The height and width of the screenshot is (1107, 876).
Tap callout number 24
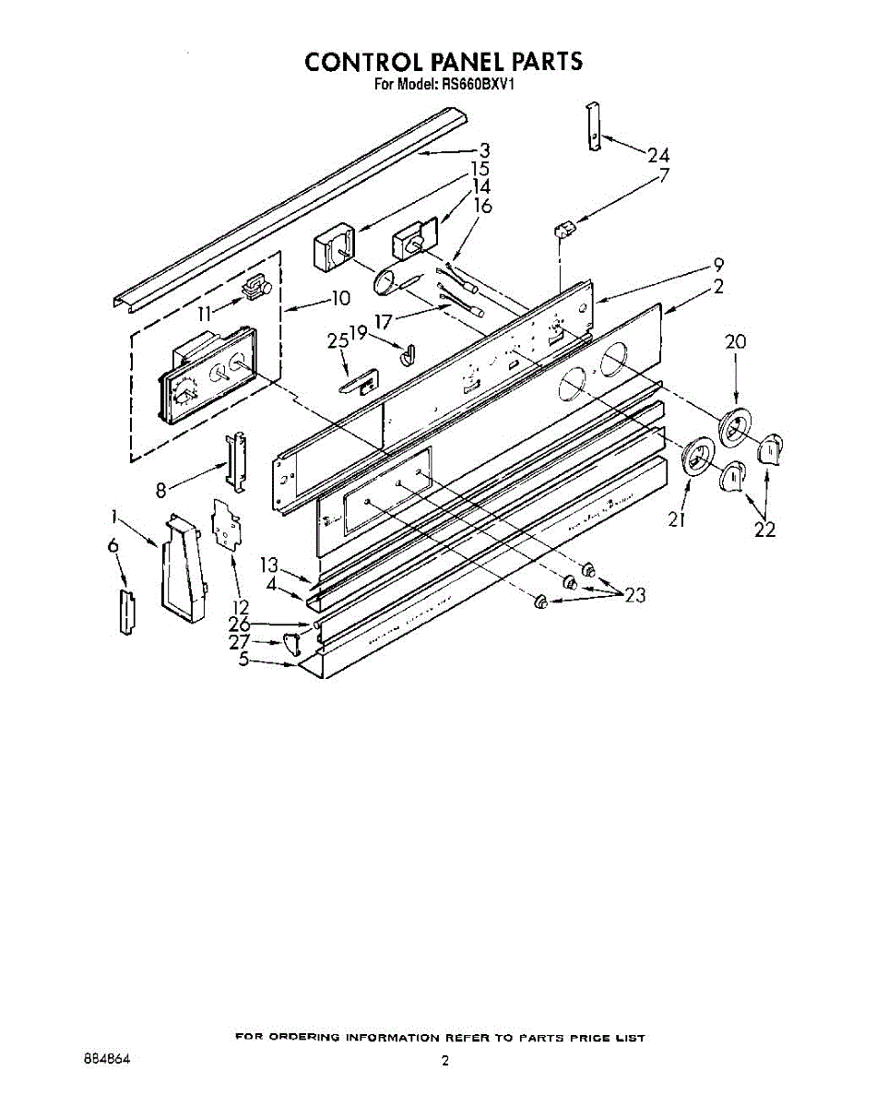657,155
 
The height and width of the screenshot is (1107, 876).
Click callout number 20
735,341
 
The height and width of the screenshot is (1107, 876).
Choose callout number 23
634,596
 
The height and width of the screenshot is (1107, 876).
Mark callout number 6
113,547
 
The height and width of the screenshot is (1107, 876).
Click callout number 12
241,607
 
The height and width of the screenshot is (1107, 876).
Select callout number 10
340,298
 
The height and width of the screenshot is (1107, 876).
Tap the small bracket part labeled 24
595,126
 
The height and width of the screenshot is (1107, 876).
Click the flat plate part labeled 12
227,522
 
